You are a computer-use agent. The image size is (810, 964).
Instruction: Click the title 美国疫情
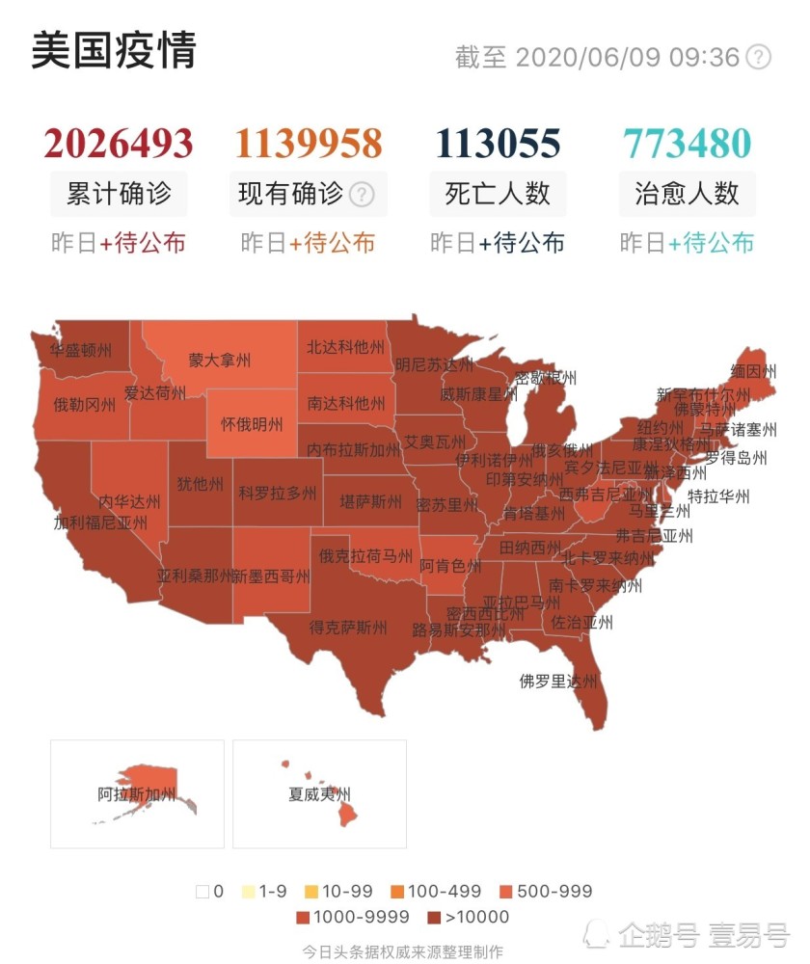pos(113,50)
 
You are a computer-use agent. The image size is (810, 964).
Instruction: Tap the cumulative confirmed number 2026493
pos(118,144)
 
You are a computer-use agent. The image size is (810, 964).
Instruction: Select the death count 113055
pos(498,144)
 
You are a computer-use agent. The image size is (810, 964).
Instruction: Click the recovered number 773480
pos(687,144)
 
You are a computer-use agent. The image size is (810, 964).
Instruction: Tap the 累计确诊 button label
pos(119,194)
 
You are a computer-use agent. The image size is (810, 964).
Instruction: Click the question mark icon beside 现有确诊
pos(362,195)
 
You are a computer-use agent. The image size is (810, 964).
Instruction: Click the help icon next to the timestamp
pos(760,57)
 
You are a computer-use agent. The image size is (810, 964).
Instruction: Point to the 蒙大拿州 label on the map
pos(220,361)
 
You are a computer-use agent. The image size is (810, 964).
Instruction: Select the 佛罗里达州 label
pos(558,682)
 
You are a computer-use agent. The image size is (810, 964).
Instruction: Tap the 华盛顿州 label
pos(82,350)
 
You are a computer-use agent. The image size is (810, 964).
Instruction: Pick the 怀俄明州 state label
pos(252,424)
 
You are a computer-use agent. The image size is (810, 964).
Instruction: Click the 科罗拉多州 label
pos(278,494)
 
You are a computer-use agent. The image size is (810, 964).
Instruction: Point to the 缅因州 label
pos(753,371)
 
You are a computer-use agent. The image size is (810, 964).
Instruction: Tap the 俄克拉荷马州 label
pos(365,556)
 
